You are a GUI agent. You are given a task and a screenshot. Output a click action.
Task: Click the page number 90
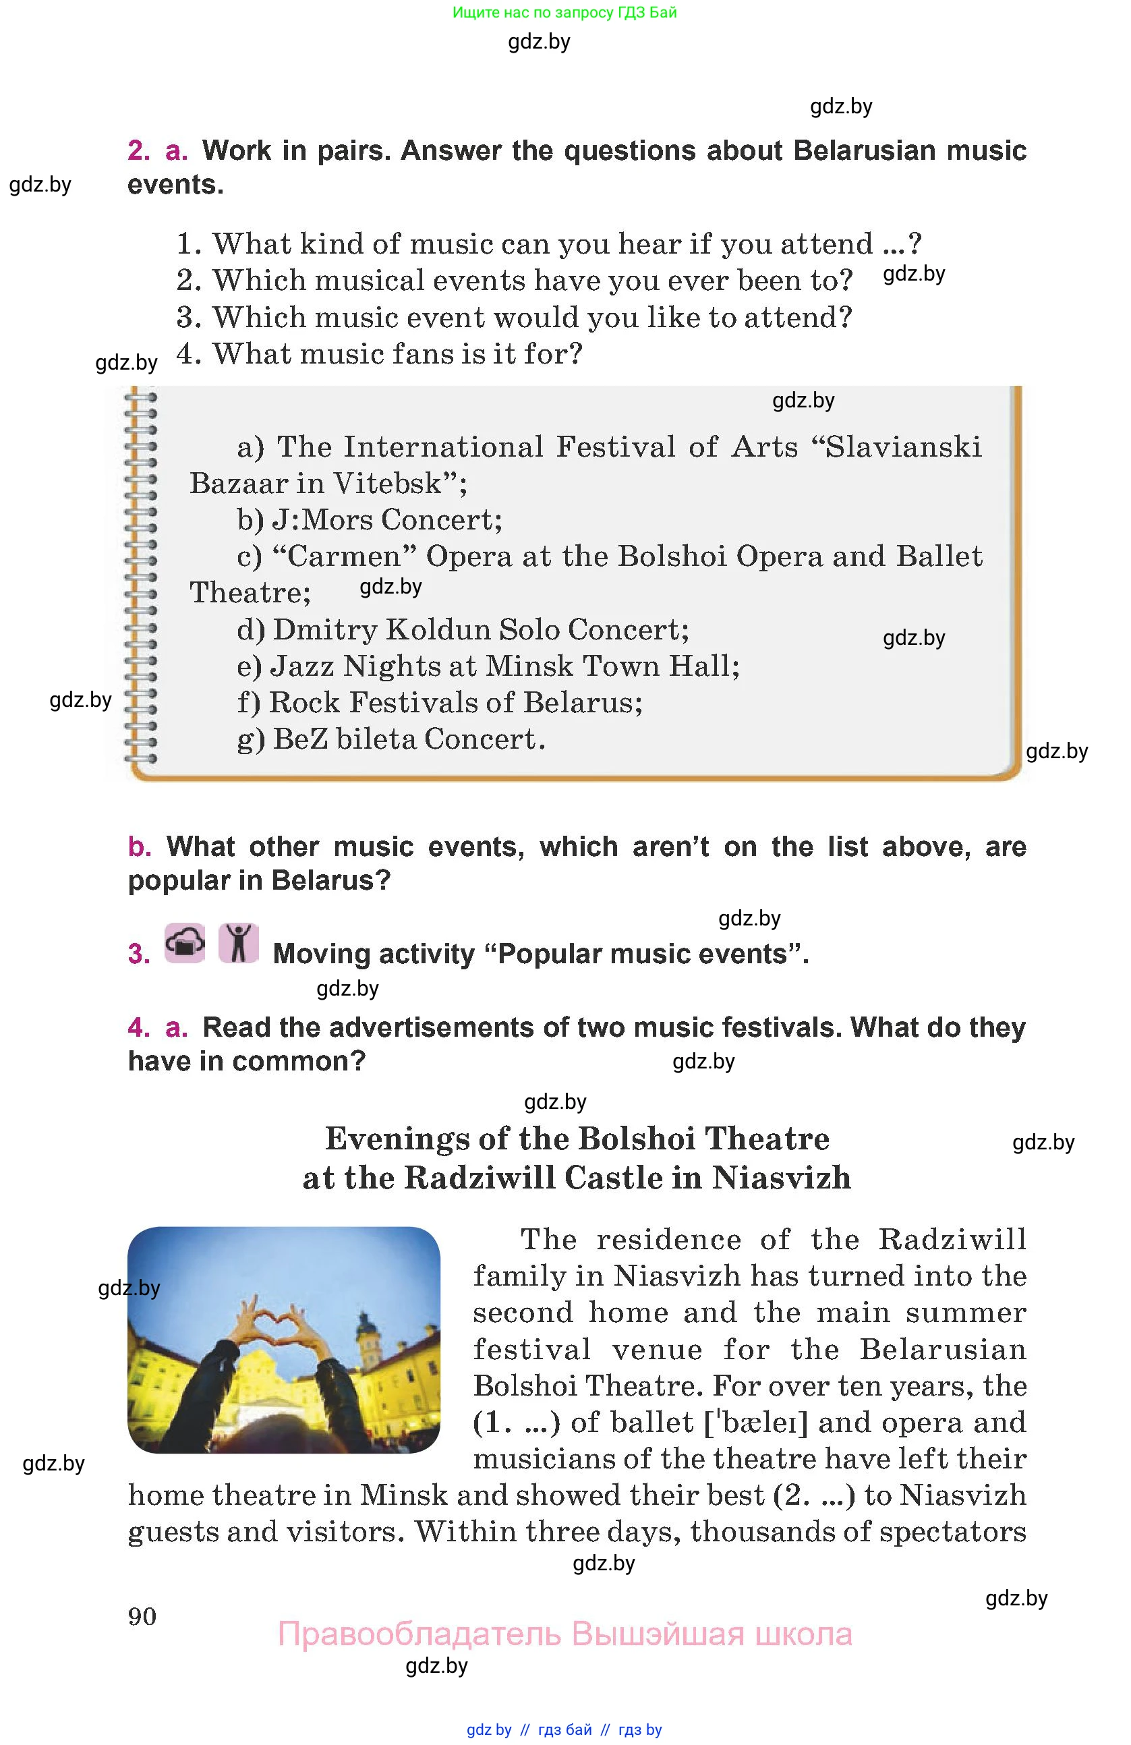pyautogui.click(x=142, y=1616)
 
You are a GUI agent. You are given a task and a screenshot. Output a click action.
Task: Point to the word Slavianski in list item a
pyautogui.click(x=903, y=447)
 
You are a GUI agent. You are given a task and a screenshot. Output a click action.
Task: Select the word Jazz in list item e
pyautogui.click(x=301, y=666)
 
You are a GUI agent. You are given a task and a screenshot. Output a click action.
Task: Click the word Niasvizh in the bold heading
pyautogui.click(x=782, y=1178)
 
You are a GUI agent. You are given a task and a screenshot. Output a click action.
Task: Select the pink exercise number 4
pyautogui.click(x=138, y=1027)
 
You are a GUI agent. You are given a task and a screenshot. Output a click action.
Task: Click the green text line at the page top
pyautogui.click(x=564, y=12)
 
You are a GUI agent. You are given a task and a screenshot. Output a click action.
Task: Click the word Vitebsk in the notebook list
pyautogui.click(x=388, y=483)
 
